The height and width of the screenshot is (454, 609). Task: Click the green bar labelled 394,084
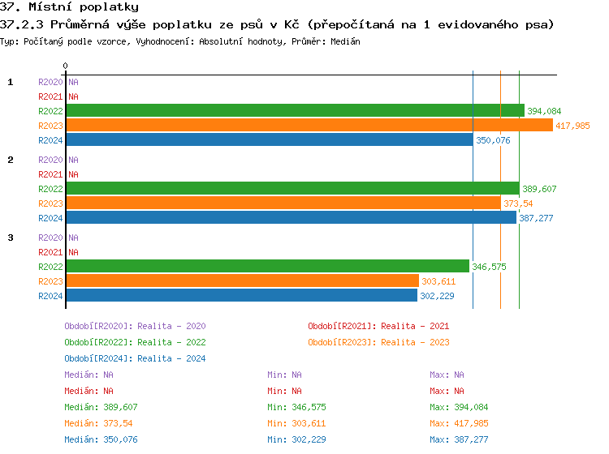[x=295, y=111]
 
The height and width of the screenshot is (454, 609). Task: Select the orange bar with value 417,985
[x=309, y=126]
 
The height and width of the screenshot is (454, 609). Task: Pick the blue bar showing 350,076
[x=269, y=140]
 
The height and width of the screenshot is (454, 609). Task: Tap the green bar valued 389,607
[x=292, y=189]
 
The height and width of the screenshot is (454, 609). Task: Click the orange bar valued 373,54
[x=283, y=203]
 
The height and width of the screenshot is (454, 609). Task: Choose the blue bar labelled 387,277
[x=291, y=218]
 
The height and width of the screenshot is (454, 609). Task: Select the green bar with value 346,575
[x=267, y=267]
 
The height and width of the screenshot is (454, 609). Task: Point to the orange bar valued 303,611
[x=242, y=281]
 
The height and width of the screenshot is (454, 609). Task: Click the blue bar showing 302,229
[x=241, y=296]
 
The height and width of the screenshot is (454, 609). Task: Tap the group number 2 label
[x=11, y=160]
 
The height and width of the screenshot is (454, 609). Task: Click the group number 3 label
[x=11, y=238]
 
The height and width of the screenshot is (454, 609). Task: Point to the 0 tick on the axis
[x=65, y=66]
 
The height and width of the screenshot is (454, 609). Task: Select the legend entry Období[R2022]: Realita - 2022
[x=135, y=342]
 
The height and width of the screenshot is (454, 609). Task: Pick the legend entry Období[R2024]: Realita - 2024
[x=135, y=358]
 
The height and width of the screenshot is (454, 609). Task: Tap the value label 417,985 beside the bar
[x=572, y=126]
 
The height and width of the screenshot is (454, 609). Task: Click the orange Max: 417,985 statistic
[x=459, y=423]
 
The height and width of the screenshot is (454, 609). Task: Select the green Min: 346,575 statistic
[x=296, y=407]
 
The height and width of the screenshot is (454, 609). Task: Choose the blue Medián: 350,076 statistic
[x=101, y=439]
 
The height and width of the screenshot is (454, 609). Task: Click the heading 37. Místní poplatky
[x=69, y=6]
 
